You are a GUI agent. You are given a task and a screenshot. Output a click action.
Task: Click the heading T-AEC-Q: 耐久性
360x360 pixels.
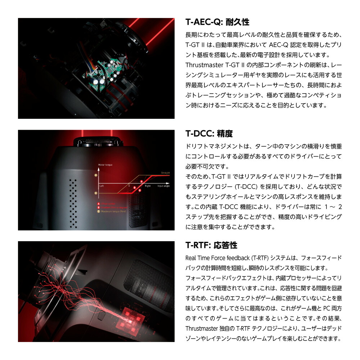(217, 22)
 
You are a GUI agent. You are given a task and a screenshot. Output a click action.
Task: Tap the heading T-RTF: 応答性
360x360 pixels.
(211, 246)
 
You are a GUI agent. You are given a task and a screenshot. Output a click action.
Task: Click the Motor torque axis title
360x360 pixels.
(105, 165)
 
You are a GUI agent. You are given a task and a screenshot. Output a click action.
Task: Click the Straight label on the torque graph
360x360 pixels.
(165, 173)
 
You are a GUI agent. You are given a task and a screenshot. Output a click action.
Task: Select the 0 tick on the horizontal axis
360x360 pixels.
(129, 186)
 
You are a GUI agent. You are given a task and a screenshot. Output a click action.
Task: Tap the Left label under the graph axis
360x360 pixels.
(102, 186)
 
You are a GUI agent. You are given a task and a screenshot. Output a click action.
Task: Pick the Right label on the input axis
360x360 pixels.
(148, 186)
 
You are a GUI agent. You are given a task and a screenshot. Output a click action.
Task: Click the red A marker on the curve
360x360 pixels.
(141, 181)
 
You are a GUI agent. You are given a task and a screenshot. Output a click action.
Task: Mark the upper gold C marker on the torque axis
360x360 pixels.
(96, 175)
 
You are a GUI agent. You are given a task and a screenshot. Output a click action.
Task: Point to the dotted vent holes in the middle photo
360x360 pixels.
(73, 202)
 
